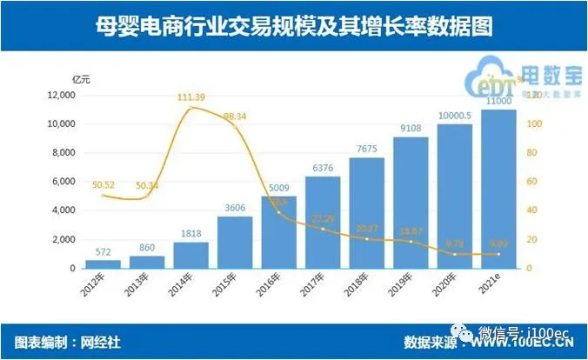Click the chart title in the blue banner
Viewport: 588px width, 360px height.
(293, 27)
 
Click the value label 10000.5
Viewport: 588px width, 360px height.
(455, 115)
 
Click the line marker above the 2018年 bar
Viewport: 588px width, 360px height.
(366, 239)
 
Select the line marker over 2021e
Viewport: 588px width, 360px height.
(499, 254)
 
